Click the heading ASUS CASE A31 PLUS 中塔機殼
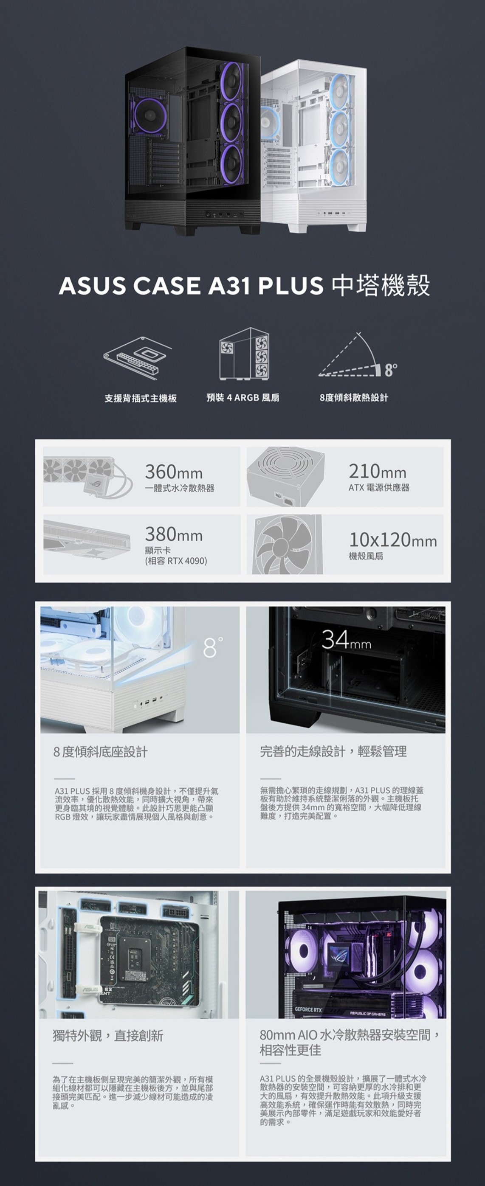point(244,285)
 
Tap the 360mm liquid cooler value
point(174,472)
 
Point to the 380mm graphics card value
point(174,534)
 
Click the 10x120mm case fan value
point(393,540)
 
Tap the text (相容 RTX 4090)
point(176,561)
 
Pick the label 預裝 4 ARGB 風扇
point(243,398)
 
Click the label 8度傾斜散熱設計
point(354,398)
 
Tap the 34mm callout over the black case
point(347,641)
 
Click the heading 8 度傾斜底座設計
point(100,752)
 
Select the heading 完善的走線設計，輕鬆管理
point(333,752)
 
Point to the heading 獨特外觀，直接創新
point(108,1036)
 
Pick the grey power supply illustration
point(285,477)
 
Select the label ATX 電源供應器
point(378,488)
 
